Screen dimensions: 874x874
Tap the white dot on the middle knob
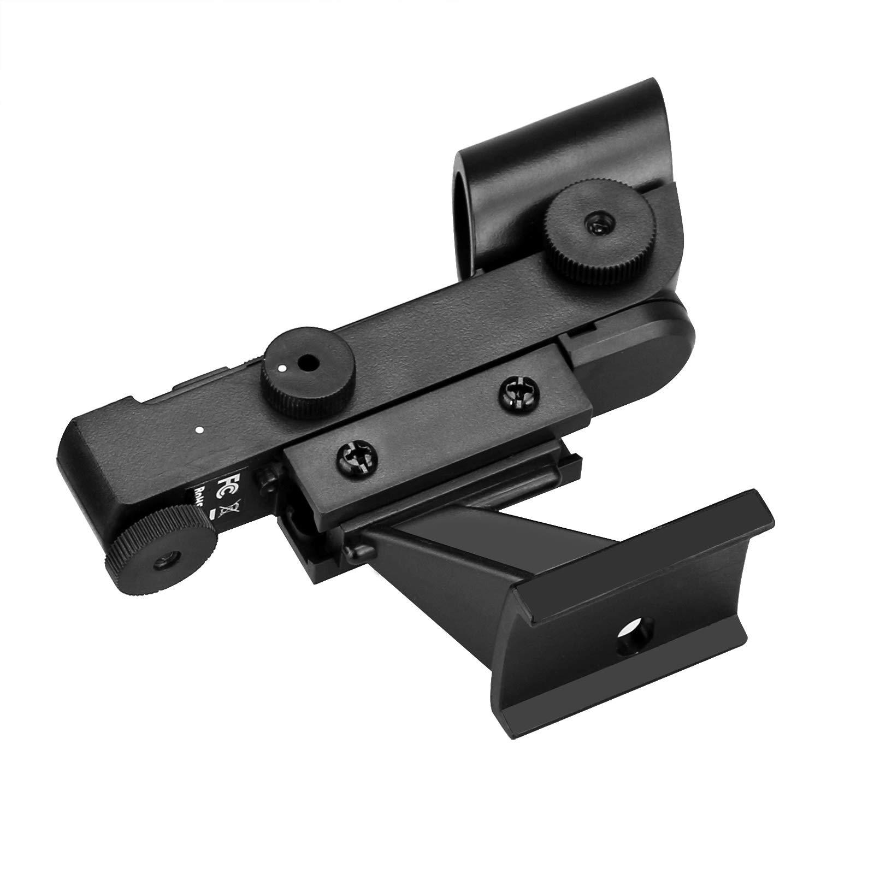tap(282, 368)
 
